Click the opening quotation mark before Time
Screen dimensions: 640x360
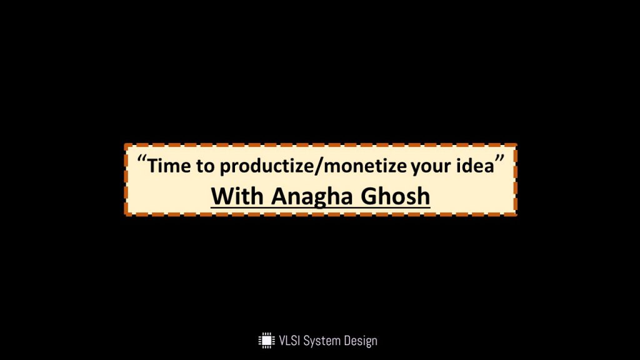point(142,158)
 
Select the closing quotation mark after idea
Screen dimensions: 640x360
point(499,158)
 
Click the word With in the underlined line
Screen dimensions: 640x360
point(237,196)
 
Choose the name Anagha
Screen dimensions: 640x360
point(311,197)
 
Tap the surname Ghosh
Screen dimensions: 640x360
point(395,196)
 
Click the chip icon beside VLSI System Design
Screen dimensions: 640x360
point(266,341)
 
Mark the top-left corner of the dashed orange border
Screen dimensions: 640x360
point(126,145)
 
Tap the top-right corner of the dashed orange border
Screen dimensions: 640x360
point(516,145)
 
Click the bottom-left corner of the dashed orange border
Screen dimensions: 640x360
point(126,214)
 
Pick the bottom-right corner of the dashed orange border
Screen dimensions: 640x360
point(516,214)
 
